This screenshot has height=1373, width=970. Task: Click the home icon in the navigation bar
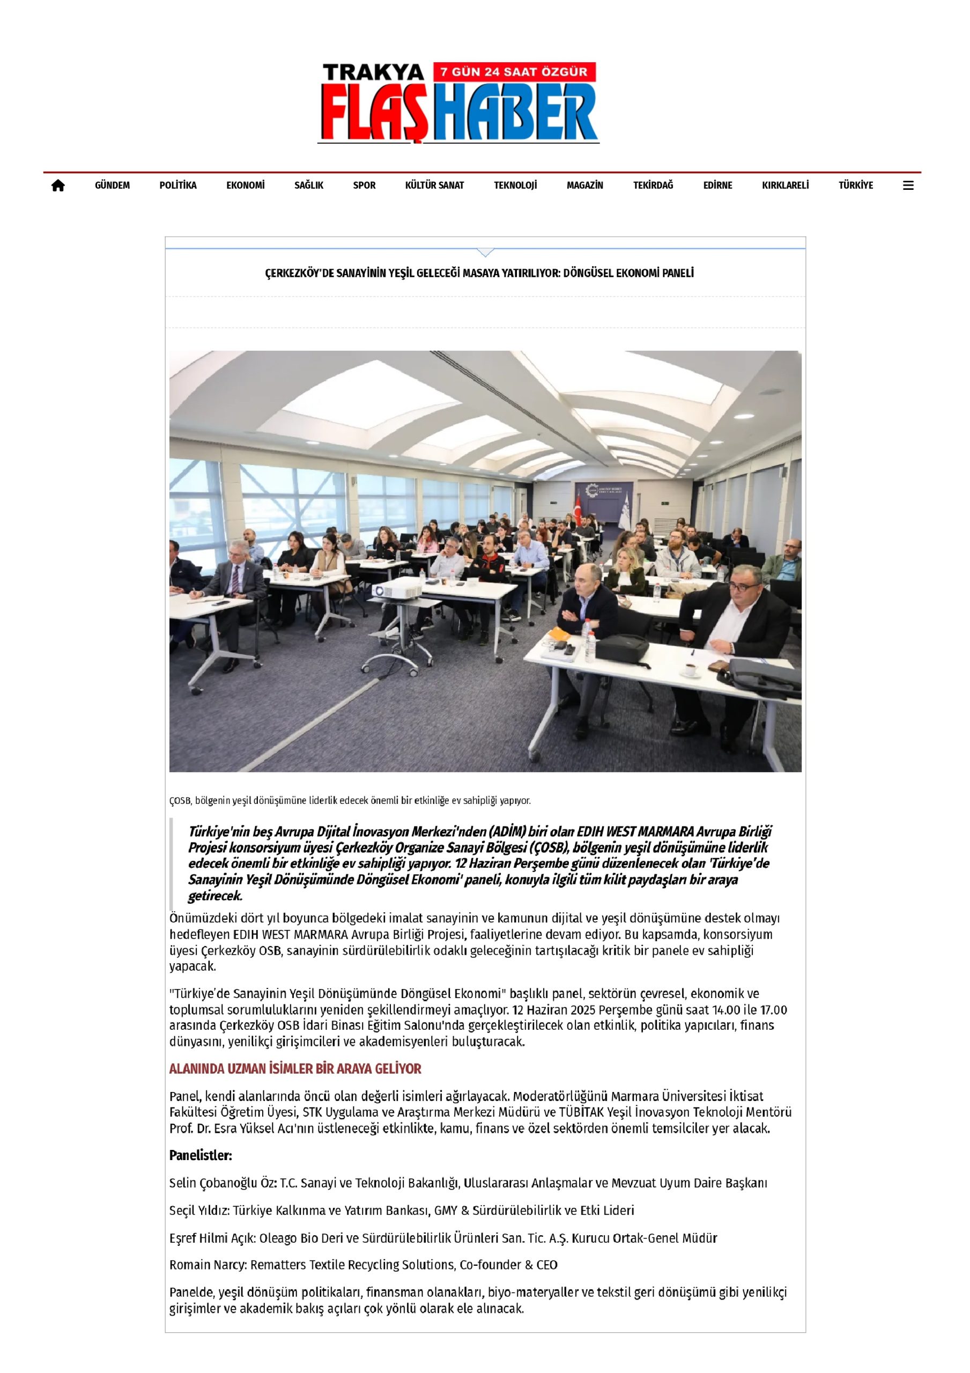tap(58, 186)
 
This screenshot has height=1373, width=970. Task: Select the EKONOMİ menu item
tap(245, 186)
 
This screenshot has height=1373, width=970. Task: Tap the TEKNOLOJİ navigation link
tap(515, 186)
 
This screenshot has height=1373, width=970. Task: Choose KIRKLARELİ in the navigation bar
tap(784, 186)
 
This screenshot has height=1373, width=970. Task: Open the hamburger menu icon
tap(908, 186)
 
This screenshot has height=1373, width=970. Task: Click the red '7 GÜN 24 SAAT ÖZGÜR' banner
tap(514, 72)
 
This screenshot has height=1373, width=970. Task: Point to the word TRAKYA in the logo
tap(373, 73)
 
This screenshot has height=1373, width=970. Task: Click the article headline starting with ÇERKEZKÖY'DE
tap(479, 274)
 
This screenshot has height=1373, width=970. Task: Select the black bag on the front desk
tap(623, 649)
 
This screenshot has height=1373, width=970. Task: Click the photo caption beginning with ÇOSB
tap(350, 800)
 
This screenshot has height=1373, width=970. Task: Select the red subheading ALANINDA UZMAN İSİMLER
tap(295, 1068)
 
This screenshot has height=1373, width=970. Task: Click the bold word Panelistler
tap(201, 1155)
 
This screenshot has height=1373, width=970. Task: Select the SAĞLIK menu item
tap(308, 186)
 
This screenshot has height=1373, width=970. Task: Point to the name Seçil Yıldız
tap(198, 1210)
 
